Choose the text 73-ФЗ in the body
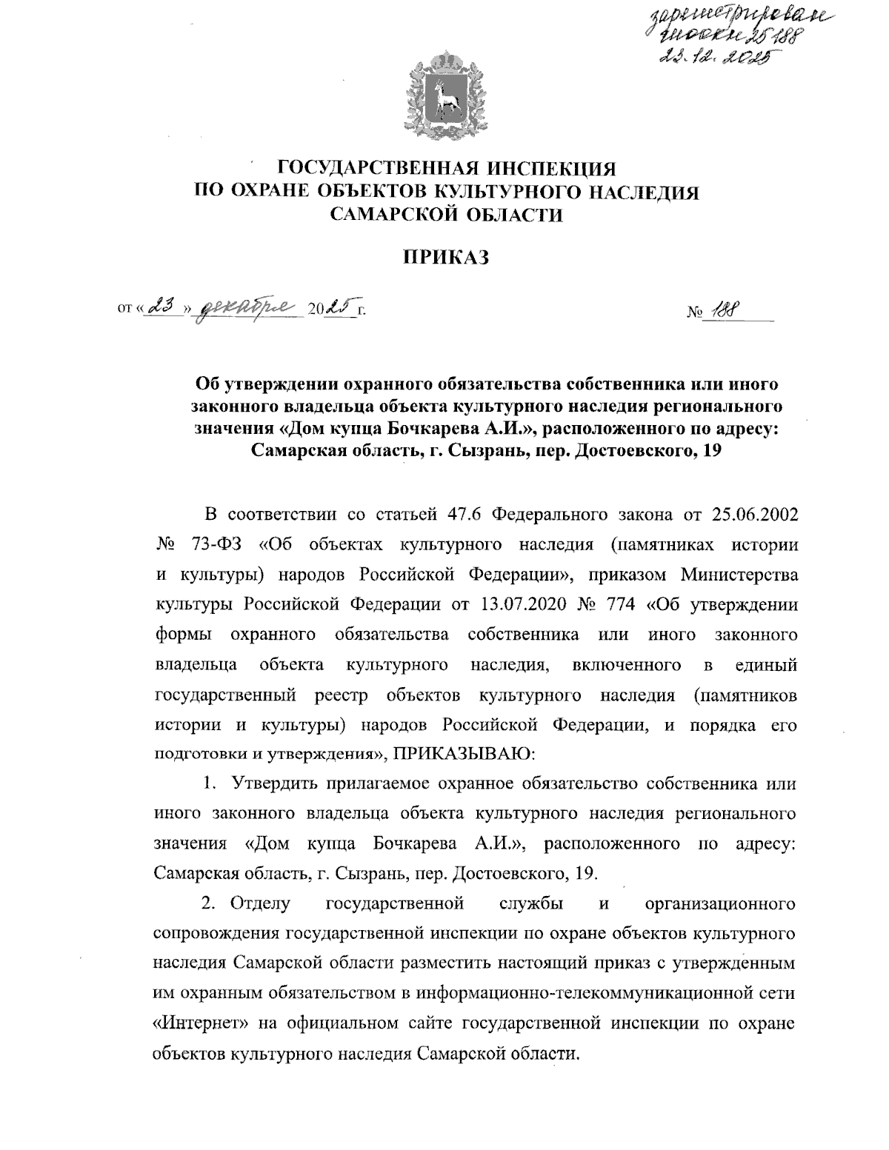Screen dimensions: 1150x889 point(222,544)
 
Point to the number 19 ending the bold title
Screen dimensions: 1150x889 point(711,449)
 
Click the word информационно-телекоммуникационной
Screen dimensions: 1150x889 point(560,992)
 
